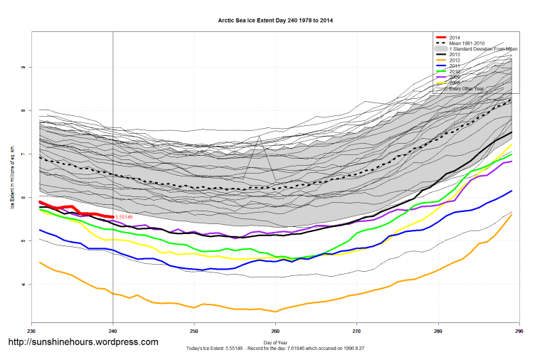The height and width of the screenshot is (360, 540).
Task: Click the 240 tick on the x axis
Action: pos(113,331)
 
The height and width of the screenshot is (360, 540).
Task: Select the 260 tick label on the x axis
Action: pos(275,331)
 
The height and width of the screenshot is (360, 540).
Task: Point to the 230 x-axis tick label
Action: pos(31,331)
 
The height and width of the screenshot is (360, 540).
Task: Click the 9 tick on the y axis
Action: pos(23,68)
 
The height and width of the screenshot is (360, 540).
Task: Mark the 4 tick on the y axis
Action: pos(23,285)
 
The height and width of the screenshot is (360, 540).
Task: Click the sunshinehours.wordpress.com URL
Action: pos(83,342)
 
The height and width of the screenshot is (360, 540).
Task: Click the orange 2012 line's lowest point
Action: pos(275,312)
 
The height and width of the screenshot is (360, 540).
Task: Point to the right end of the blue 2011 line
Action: pos(512,191)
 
